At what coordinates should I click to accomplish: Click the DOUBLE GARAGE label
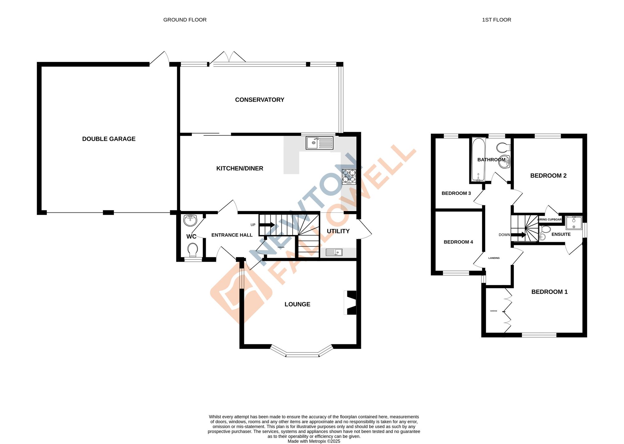(x=109, y=139)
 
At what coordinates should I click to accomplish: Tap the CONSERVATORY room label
(x=260, y=100)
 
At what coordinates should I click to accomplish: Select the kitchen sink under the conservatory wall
(x=319, y=143)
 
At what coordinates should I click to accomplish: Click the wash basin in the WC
(x=190, y=220)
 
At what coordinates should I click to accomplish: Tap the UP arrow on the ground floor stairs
(x=267, y=225)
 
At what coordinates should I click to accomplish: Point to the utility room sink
(x=334, y=252)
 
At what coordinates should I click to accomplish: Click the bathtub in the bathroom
(x=478, y=160)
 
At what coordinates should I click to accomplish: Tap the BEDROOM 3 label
(x=456, y=193)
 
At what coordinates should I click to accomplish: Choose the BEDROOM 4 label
(x=458, y=242)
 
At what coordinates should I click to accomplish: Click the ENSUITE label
(x=561, y=234)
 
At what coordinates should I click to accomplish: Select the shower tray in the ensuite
(x=574, y=223)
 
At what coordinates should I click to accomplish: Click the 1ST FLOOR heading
(x=496, y=20)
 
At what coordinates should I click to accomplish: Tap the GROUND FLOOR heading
(x=185, y=20)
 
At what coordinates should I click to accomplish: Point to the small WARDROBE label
(x=494, y=311)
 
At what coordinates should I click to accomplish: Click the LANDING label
(x=494, y=258)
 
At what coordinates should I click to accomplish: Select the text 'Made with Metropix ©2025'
(x=314, y=441)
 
